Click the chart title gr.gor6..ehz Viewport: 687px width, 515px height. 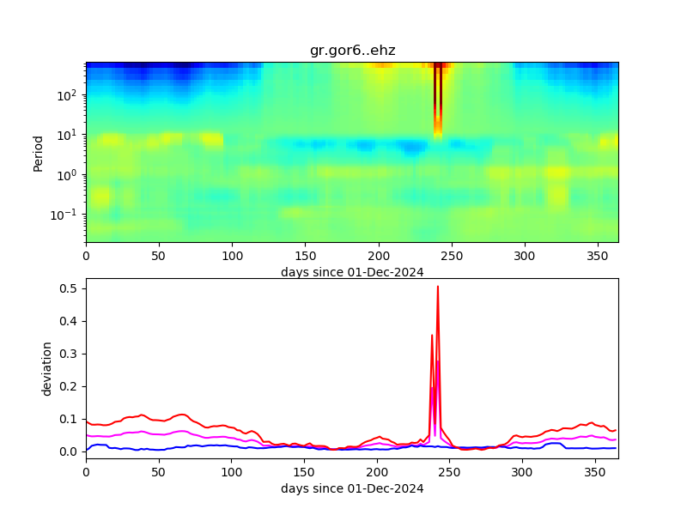point(352,51)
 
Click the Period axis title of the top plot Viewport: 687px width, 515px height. point(38,152)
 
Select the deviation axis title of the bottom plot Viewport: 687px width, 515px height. point(48,368)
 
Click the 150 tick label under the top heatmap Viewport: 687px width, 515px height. point(306,256)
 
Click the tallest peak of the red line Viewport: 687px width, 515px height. point(438,287)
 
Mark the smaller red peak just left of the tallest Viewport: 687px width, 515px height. point(432,336)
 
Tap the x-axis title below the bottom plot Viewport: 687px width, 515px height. point(352,488)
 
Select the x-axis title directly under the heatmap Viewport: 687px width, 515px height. point(352,272)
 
